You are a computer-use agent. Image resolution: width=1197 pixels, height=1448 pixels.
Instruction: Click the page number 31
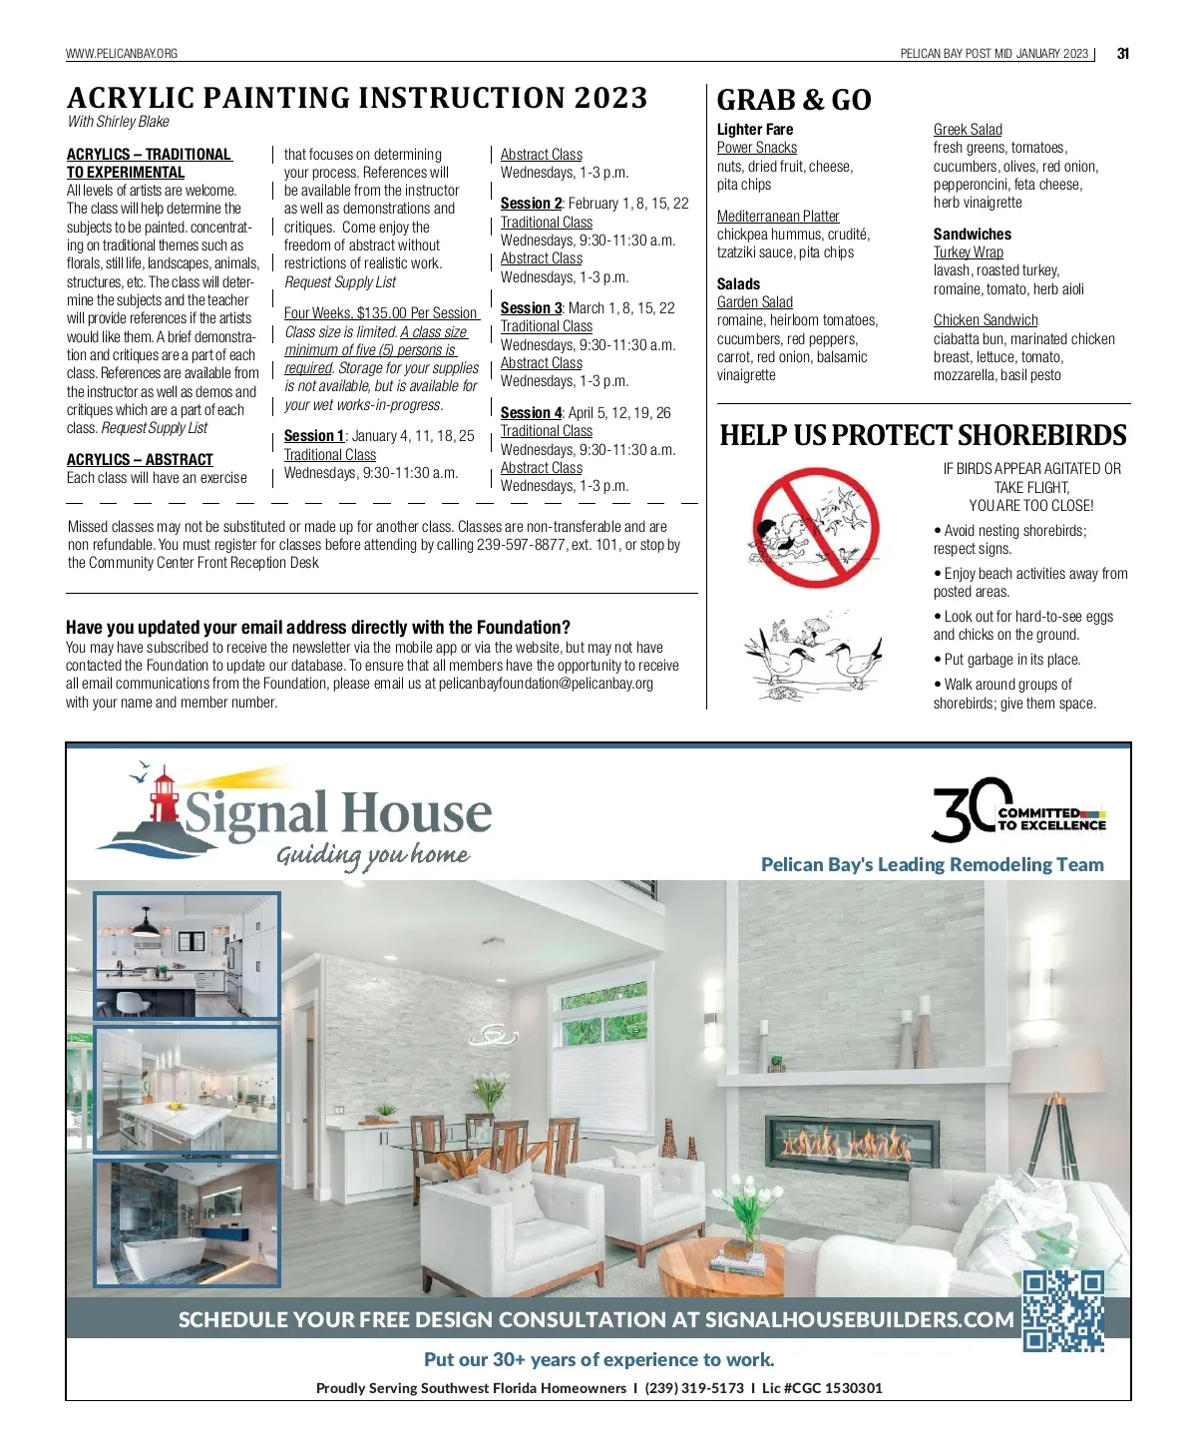pyautogui.click(x=1122, y=54)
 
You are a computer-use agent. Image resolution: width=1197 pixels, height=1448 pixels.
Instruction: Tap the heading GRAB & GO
pyautogui.click(x=794, y=100)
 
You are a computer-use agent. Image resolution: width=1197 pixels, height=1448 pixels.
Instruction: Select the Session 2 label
pyautogui.click(x=531, y=204)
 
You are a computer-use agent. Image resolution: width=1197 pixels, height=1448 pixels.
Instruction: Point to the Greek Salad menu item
pyautogui.click(x=968, y=130)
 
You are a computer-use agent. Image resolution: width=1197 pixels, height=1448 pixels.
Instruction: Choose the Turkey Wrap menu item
pyautogui.click(x=968, y=252)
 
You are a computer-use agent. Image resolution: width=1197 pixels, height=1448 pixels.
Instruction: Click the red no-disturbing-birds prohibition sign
pyautogui.click(x=815, y=528)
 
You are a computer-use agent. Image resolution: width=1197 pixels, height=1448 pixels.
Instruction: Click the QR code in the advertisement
pyautogui.click(x=1063, y=1310)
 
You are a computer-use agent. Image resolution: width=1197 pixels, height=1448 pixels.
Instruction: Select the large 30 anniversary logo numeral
pyautogui.click(x=965, y=809)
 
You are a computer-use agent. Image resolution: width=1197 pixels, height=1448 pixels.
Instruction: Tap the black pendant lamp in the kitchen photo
pyautogui.click(x=146, y=927)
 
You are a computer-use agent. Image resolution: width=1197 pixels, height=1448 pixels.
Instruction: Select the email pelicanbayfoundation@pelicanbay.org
pyautogui.click(x=546, y=684)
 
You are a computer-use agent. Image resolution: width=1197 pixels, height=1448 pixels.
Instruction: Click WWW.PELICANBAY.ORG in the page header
pyautogui.click(x=122, y=54)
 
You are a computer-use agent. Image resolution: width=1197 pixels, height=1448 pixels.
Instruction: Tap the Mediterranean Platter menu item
pyautogui.click(x=778, y=217)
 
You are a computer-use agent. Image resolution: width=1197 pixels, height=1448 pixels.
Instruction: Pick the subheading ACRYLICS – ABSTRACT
pyautogui.click(x=140, y=460)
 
